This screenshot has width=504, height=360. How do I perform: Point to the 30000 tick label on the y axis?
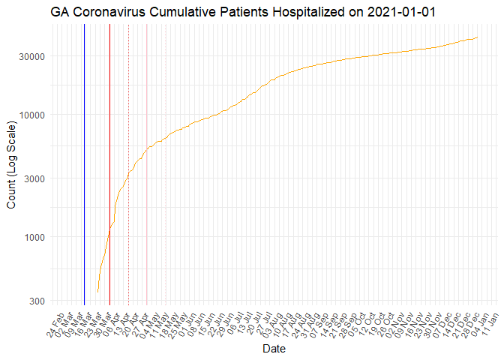coord(33,56)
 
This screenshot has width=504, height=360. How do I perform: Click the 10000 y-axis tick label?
coord(33,115)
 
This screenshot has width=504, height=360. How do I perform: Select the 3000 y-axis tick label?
coord(35,178)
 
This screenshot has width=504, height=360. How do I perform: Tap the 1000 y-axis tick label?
coord(35,238)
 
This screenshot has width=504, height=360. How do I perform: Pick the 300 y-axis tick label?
coord(37,301)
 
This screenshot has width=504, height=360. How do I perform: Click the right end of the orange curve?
coord(477,37)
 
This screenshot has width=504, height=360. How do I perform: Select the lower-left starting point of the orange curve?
coord(97,292)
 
